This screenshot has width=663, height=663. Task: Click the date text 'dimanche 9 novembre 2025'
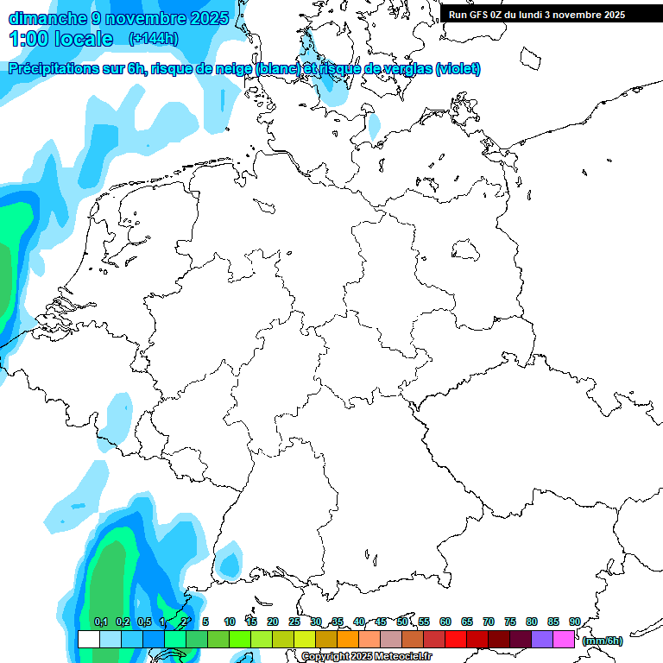118,18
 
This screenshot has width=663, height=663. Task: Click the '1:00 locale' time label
61,39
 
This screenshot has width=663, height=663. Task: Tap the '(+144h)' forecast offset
154,39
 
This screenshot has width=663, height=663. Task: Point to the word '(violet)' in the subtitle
458,69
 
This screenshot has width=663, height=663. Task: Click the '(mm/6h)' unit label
603,641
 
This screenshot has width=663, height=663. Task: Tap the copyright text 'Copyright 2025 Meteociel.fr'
366,657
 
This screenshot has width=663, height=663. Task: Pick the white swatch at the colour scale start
88,639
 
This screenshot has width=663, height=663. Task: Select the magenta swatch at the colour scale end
564,639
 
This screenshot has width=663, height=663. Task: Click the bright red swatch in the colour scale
456,639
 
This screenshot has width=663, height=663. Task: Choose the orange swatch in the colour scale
348,639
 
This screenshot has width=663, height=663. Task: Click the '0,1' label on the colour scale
101,622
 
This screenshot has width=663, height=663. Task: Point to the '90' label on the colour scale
574,622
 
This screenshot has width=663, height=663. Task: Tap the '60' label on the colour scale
445,622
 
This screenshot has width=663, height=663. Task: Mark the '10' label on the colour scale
230,622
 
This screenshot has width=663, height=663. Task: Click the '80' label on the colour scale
532,622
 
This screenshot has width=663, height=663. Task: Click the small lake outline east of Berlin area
466,250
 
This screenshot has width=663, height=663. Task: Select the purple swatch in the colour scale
542,639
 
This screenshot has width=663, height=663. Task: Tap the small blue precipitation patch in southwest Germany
230,565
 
